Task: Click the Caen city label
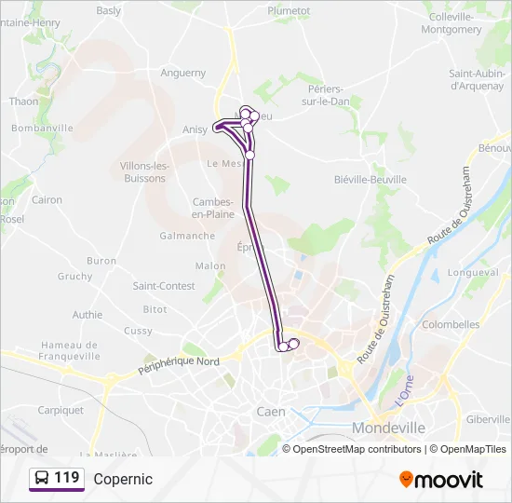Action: (x=270, y=411)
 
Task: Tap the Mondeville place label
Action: (x=390, y=427)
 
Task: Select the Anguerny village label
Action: (x=182, y=73)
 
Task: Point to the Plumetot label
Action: (x=289, y=10)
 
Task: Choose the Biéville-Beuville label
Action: (x=370, y=179)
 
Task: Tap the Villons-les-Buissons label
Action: (x=143, y=171)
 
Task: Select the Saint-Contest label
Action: (x=164, y=286)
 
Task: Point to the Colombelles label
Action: (x=451, y=324)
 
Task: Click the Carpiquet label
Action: (x=61, y=409)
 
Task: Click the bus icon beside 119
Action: (x=42, y=478)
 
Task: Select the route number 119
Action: (x=67, y=478)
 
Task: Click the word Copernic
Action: (x=123, y=479)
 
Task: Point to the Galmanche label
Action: (x=187, y=236)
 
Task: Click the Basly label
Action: (x=109, y=11)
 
